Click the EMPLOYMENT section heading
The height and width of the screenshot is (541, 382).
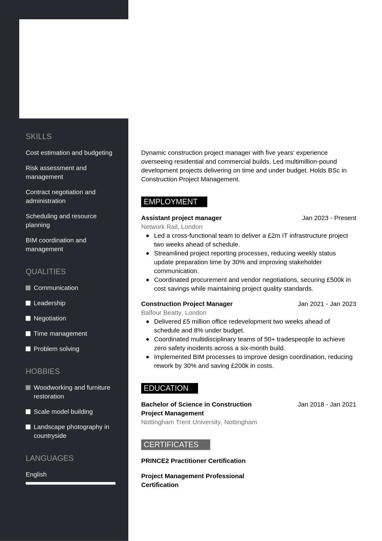[x=171, y=202]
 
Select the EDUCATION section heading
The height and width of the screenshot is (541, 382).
[x=166, y=388]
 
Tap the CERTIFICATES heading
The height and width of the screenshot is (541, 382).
[x=171, y=445]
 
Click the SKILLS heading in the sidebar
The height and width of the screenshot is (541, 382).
[x=38, y=137]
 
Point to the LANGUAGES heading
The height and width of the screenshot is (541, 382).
[x=50, y=458]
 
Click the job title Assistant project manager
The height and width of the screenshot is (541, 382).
[x=181, y=218]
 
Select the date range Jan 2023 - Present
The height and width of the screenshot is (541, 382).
[x=329, y=218]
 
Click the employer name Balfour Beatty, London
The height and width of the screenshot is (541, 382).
[x=174, y=313]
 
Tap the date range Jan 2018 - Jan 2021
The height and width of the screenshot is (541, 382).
[x=327, y=404]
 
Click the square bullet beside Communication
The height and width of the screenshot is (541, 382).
[x=28, y=288]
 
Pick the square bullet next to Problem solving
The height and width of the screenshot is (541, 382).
[x=28, y=349]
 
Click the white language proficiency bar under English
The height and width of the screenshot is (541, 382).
[x=71, y=483]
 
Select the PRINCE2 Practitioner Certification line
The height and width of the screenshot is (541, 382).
[x=193, y=461]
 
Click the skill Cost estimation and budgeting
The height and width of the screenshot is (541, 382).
[x=69, y=153]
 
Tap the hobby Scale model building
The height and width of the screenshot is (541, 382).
[x=63, y=412]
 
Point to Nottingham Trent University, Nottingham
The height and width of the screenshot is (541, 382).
[x=199, y=422]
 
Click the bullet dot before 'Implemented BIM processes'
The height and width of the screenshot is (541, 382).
[x=148, y=357]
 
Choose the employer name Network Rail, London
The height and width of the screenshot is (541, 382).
[x=172, y=227]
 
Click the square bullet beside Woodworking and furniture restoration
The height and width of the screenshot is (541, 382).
[x=28, y=388]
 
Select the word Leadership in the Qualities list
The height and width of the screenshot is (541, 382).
[x=50, y=303]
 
